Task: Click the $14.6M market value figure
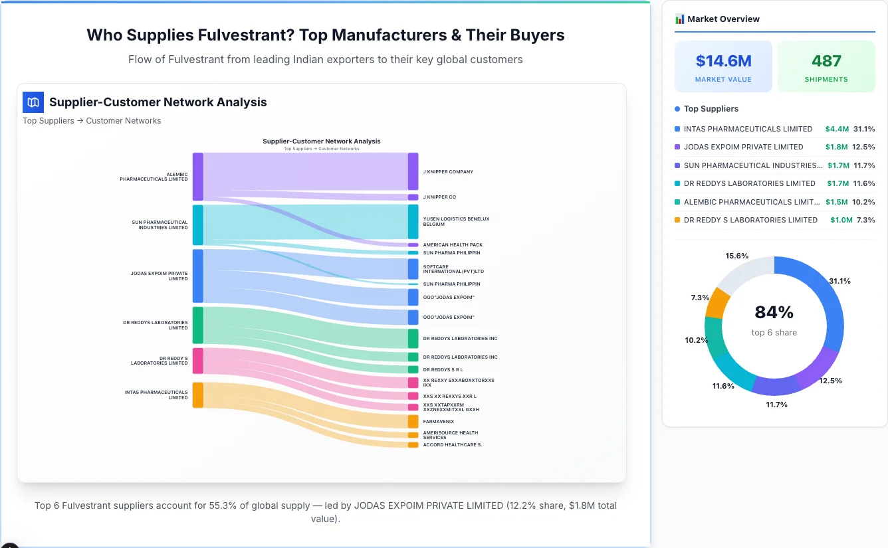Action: point(723,61)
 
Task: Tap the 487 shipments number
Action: point(826,61)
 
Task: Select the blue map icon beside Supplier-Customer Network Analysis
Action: point(33,102)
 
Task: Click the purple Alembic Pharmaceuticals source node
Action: point(197,177)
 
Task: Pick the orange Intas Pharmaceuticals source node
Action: point(197,395)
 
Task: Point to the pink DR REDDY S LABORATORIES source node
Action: point(197,361)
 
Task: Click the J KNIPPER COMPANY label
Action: point(448,172)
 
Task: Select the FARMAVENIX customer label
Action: point(439,421)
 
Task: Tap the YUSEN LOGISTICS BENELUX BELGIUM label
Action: point(456,222)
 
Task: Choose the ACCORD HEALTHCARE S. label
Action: point(452,445)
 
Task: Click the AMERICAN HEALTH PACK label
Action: point(453,245)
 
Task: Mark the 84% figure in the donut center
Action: point(774,312)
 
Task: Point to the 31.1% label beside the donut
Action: point(839,281)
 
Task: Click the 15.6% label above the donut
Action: point(737,256)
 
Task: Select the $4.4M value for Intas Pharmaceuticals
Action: point(837,129)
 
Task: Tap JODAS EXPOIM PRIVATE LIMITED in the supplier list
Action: point(743,147)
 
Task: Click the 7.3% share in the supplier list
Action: point(865,220)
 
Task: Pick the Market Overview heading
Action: point(723,19)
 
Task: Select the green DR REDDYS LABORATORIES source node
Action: point(197,325)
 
